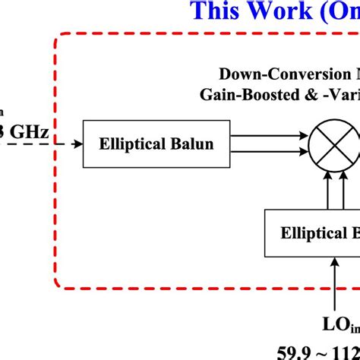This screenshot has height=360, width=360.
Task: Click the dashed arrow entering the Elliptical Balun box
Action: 65,122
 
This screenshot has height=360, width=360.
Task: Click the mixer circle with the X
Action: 332,122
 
